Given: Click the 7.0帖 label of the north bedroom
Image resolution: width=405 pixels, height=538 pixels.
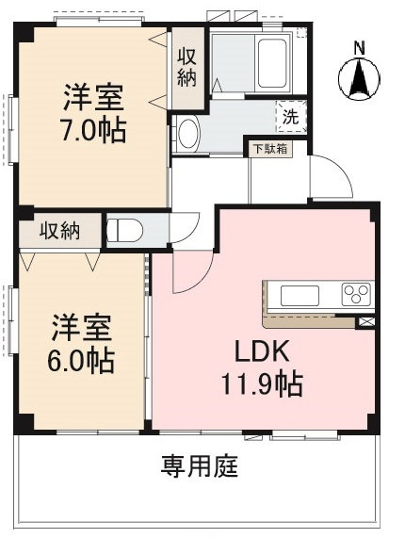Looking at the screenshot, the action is pos(93,130).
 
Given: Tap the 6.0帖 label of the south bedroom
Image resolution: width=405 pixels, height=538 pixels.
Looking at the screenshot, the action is pos(81,361).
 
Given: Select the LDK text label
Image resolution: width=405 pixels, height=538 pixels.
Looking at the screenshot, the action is pos(262,351).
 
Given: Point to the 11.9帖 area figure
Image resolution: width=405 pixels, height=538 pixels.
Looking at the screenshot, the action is pos(263,383).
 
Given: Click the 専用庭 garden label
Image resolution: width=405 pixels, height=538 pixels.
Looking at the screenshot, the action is pos(200,466).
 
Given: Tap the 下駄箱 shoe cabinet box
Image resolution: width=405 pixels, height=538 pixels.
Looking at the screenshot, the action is pos(270,149).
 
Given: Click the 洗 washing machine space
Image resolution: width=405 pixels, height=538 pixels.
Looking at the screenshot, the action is pos(291,116).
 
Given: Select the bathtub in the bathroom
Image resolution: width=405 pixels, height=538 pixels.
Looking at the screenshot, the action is pos(272,64).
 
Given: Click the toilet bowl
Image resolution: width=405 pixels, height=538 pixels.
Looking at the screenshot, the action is pos(124,230).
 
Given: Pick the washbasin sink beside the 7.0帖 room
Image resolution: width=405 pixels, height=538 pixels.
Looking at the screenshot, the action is pos(188,134).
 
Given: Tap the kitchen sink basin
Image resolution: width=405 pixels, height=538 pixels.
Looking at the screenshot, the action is pos(300,296).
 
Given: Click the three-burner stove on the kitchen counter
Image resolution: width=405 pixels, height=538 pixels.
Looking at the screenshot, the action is pos(356,294).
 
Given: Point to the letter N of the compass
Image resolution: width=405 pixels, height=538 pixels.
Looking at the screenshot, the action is pos(359,48).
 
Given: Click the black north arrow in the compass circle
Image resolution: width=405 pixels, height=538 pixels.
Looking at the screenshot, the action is pos(359,78).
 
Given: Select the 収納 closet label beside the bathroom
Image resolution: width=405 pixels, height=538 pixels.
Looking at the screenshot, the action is pos(186,67).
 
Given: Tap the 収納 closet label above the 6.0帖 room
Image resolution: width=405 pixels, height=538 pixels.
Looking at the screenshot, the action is pos(59,231).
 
